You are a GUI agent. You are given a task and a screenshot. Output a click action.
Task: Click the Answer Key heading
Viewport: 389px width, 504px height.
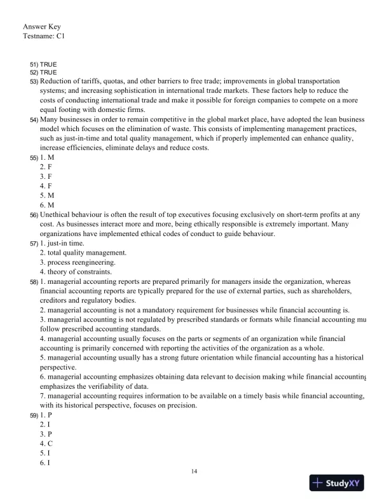(42, 26)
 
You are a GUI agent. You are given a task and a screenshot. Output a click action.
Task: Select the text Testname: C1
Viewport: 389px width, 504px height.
(44, 37)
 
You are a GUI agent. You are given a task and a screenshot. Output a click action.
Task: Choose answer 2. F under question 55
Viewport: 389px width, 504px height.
(46, 165)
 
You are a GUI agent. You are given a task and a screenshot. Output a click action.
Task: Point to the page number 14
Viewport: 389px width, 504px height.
(194, 472)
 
